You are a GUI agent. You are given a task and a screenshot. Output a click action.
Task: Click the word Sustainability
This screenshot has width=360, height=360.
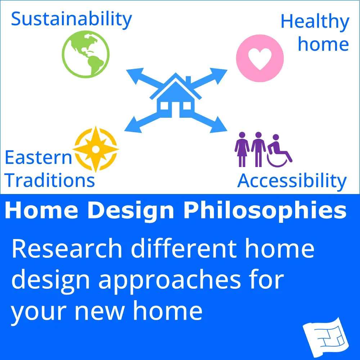pos(71,20)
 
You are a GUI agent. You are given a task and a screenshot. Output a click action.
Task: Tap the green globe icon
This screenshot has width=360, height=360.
pos(86,54)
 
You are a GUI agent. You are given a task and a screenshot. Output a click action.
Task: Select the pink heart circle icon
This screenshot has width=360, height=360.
pos(260,58)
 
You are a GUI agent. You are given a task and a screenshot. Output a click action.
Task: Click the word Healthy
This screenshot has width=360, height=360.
pos(315,22)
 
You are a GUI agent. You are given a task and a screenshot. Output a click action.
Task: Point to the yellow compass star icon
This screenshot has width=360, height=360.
pos(96,149)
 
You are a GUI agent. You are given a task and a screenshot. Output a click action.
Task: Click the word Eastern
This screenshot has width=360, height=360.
pos(39,158)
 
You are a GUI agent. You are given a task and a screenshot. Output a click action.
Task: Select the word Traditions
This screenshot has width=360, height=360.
pos(50,180)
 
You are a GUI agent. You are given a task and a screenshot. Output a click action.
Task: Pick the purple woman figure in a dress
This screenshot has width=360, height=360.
pos(242,149)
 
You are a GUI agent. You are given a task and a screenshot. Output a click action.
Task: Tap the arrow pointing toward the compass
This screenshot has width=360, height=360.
pos(144,122)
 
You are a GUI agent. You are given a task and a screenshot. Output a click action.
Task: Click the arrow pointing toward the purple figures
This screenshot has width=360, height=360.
pos(208,122)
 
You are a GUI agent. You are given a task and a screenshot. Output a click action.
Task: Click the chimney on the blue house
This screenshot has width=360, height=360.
pos(188,80)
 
